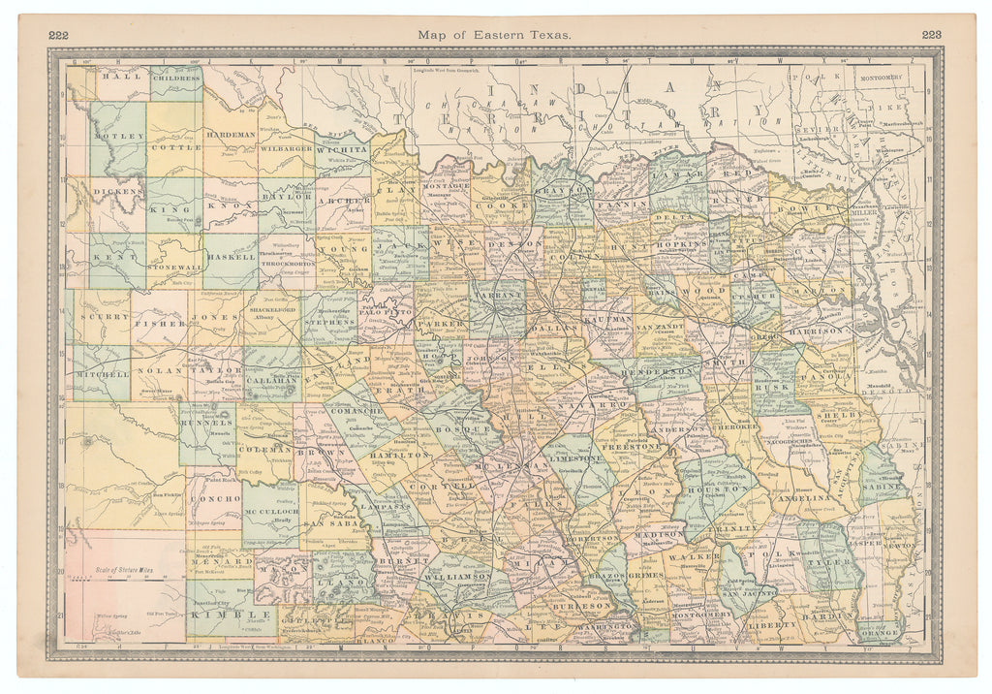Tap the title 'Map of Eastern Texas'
coord(495,34)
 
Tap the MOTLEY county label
coord(119,138)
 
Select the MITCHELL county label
coord(101,373)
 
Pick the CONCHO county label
coord(214,497)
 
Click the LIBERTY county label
coord(771,625)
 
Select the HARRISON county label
coord(817,331)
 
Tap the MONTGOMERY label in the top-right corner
coord(878,76)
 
